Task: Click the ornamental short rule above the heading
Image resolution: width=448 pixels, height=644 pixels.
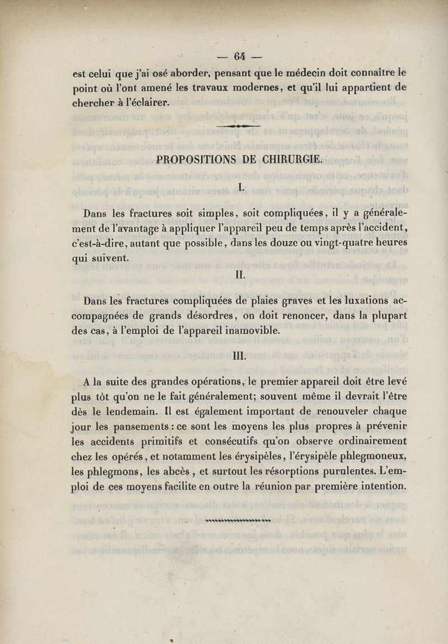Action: coord(239,127)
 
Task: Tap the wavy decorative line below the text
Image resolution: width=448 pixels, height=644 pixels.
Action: coord(239,520)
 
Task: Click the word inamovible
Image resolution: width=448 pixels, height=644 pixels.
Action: coord(249,330)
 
